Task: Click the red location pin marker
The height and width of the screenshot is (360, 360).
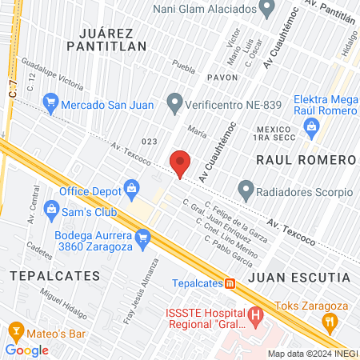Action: click(x=181, y=162)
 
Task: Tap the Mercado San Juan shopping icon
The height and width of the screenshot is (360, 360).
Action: click(x=51, y=102)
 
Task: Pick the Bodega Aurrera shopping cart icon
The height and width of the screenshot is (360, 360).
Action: click(x=143, y=236)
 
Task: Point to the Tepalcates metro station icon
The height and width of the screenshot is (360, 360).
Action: click(x=230, y=282)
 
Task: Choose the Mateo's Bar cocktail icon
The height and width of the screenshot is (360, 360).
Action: click(x=15, y=330)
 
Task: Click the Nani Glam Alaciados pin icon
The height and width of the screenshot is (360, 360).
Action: click(x=268, y=8)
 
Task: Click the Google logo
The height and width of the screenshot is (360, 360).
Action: click(x=26, y=350)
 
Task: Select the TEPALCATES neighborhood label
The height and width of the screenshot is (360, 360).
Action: click(x=54, y=275)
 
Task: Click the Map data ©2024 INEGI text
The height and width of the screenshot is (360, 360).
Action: click(x=312, y=354)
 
